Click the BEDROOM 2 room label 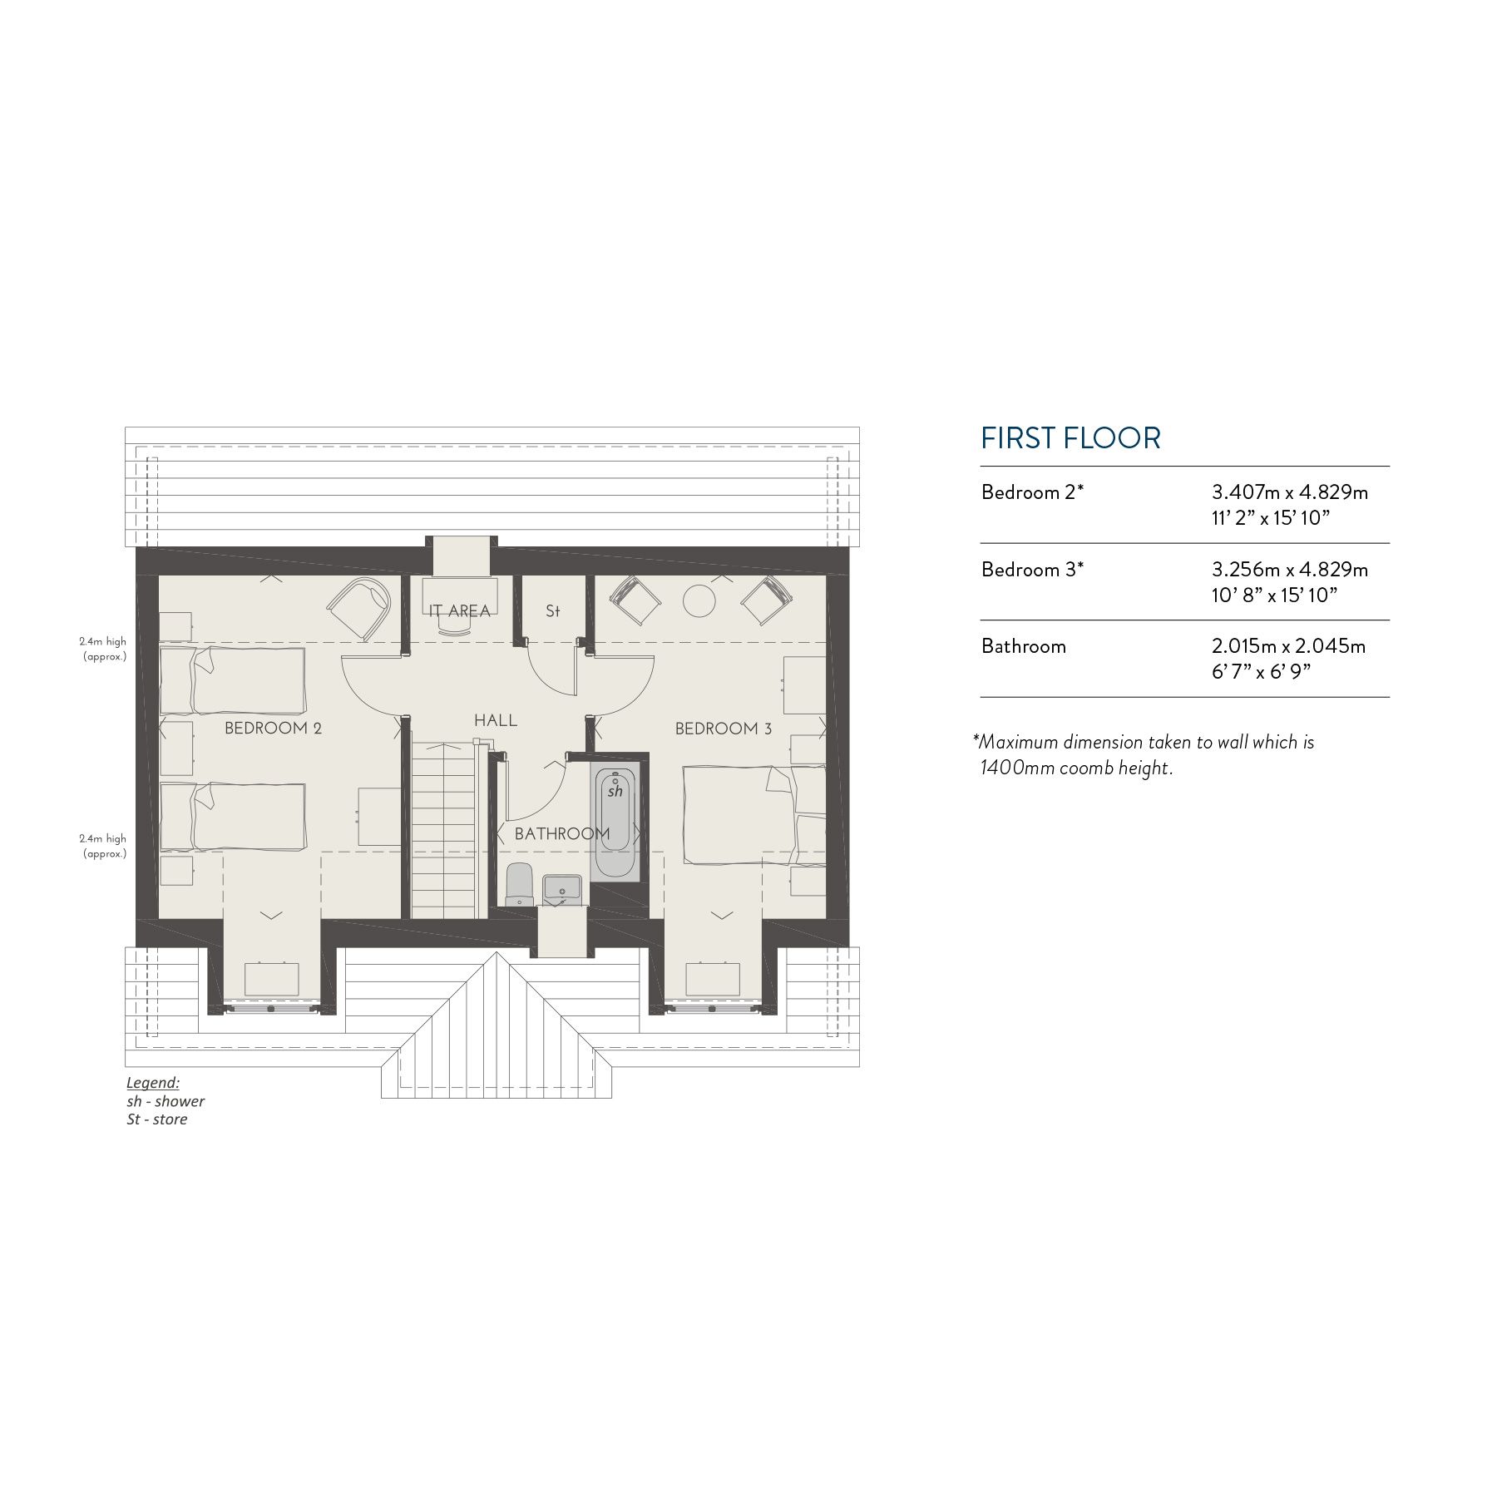click(273, 729)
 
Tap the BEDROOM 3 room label click(723, 729)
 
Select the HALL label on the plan click(496, 720)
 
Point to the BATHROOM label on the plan click(562, 833)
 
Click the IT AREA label click(460, 611)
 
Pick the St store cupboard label click(553, 611)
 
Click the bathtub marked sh click(615, 811)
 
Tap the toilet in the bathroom click(519, 883)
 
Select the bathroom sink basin click(561, 889)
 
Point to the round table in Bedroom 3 click(699, 600)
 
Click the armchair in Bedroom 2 click(359, 608)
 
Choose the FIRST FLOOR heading click(1070, 438)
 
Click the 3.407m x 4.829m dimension click(1289, 492)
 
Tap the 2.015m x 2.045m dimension click(1288, 646)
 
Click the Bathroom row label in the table click(1023, 646)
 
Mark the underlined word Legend click(153, 1083)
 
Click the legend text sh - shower click(166, 1101)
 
